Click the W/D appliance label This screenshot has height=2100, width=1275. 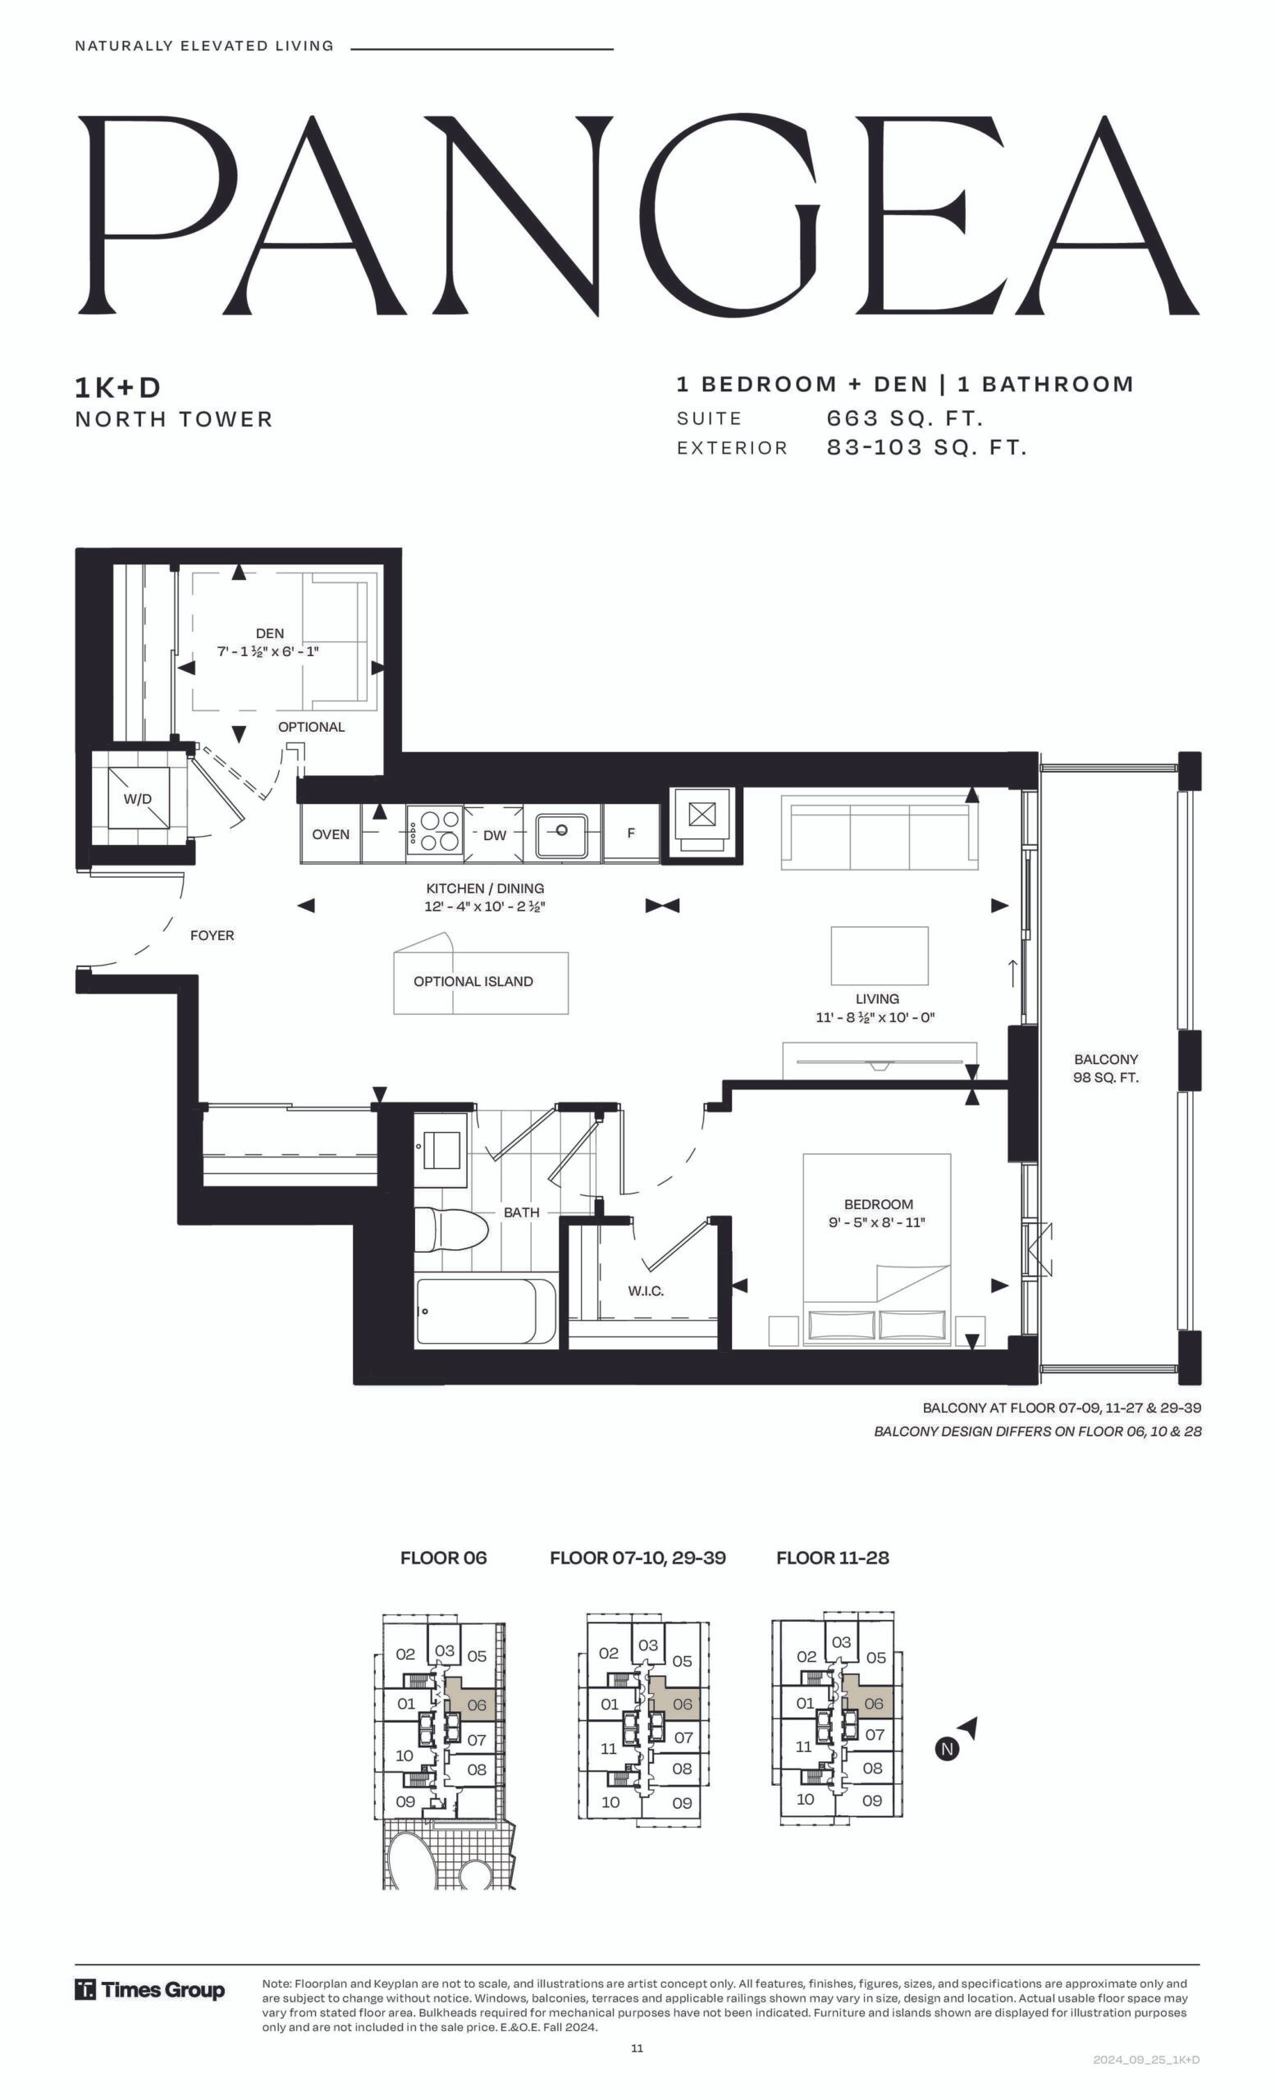(x=137, y=799)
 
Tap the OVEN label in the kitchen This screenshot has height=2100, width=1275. (x=331, y=834)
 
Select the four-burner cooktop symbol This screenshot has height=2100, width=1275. (x=435, y=830)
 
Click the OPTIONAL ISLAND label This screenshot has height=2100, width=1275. (x=473, y=981)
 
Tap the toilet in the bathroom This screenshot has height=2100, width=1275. (x=451, y=1230)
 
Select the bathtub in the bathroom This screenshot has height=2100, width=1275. (x=486, y=1312)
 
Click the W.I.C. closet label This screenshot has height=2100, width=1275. (x=646, y=1291)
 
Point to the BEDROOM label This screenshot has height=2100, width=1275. (x=879, y=1204)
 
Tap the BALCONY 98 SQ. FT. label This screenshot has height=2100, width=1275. (x=1106, y=1068)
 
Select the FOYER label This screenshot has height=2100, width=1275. (x=212, y=935)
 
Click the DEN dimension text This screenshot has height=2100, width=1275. (x=268, y=652)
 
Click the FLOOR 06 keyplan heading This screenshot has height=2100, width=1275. (x=443, y=1558)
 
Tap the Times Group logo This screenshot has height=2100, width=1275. (x=150, y=1990)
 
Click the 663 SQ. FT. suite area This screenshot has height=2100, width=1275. (x=905, y=418)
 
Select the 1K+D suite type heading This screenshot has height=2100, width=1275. (x=117, y=388)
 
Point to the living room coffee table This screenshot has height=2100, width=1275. (x=880, y=956)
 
